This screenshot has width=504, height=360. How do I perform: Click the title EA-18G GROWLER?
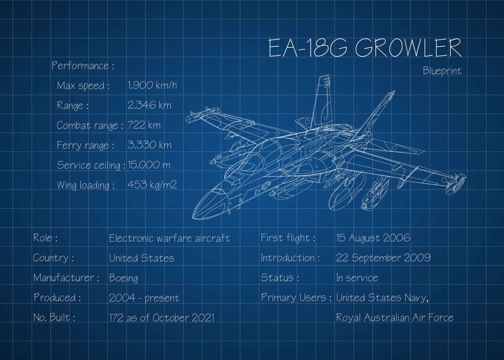point(365,48)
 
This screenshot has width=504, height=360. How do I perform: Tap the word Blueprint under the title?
point(442,71)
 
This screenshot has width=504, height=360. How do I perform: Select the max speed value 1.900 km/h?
point(152,86)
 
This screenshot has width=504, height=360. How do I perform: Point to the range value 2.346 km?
point(149,105)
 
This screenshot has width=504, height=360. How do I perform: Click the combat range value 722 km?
point(144,125)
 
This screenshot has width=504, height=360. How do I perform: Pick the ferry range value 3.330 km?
point(149,145)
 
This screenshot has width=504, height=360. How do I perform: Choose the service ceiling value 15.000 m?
point(149,165)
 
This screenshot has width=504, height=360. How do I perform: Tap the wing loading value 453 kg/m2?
point(152,185)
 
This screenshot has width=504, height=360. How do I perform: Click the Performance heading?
point(83,66)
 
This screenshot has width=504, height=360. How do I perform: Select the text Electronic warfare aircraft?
point(169,238)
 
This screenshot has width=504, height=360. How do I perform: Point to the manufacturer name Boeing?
point(123,278)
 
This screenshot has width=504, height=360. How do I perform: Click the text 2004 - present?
point(144,298)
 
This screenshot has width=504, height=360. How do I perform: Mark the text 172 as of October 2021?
point(161,318)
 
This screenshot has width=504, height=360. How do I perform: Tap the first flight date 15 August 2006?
point(373,238)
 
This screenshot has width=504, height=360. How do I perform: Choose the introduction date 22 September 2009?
point(383,258)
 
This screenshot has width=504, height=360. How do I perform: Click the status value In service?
point(357,278)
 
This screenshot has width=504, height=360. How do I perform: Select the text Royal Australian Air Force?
point(394,318)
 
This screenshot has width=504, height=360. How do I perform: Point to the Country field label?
point(53,258)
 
